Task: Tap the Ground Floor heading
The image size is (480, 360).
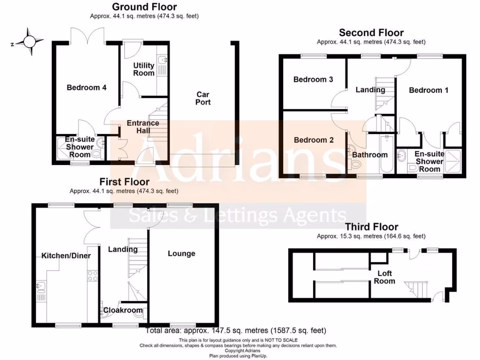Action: (x=144, y=7)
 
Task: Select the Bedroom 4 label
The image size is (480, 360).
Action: (x=86, y=88)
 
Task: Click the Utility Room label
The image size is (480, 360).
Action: (x=143, y=69)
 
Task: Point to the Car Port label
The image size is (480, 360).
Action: (x=203, y=98)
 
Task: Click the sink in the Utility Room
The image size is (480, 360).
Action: (x=163, y=60)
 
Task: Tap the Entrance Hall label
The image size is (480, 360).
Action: (x=143, y=127)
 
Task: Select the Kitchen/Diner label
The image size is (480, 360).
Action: (x=66, y=255)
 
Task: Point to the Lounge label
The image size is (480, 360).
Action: (x=181, y=254)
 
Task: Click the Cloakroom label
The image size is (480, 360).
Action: (x=123, y=310)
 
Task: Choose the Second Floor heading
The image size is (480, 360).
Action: (x=371, y=33)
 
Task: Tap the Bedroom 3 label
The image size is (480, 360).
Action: (x=313, y=80)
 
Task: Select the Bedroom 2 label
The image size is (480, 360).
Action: (x=313, y=140)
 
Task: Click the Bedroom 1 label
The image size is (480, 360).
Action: (x=428, y=90)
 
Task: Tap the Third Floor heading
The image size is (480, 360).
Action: (x=371, y=227)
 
